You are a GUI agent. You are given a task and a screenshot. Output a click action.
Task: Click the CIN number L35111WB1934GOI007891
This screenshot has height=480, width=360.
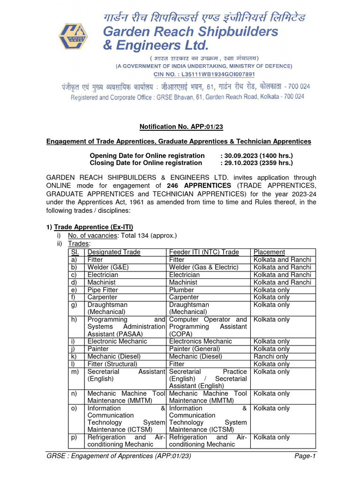click(x=204, y=74)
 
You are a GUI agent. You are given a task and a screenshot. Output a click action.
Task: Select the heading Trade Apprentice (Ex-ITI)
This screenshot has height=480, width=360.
click(x=90, y=227)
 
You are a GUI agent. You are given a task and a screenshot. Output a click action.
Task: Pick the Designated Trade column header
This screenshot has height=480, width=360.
click(x=114, y=252)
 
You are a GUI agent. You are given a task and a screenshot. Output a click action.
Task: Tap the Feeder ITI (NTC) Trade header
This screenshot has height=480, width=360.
click(x=204, y=252)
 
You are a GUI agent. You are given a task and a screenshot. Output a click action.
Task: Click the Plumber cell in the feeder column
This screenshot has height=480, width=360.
click(x=183, y=290)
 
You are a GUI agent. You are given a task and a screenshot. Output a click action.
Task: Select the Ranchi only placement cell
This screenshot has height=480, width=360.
click(x=271, y=357)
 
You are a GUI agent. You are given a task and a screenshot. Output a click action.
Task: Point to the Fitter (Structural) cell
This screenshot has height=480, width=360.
click(x=112, y=364)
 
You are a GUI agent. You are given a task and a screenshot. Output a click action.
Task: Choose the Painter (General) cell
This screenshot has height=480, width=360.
click(x=195, y=349)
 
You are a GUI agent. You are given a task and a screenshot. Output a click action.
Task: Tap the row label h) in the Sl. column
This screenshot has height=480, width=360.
click(x=74, y=320)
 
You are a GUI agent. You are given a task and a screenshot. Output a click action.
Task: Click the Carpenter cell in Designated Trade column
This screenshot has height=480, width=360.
click(x=102, y=297)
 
